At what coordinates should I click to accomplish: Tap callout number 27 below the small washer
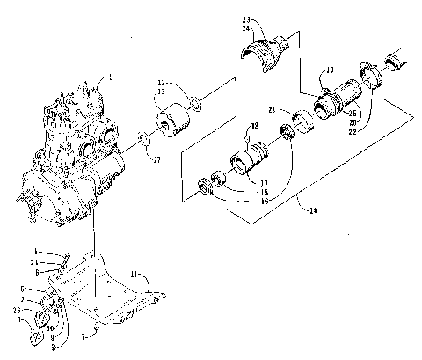(x=156, y=160)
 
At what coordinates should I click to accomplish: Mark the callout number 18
(x=255, y=127)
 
